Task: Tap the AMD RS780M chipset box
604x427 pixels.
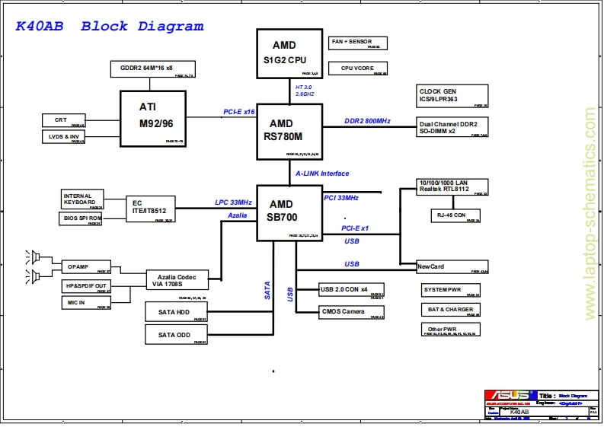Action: pos(289,131)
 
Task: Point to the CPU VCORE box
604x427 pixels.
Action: pos(356,69)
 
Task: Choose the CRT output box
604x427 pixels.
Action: pos(62,120)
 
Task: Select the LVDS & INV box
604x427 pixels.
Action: pos(62,137)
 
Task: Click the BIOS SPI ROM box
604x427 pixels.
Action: pos(81,218)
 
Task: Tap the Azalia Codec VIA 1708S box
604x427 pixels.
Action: pos(177,279)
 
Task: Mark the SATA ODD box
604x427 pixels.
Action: pos(176,335)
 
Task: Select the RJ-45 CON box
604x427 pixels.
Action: pos(455,215)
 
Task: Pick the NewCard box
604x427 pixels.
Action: pos(452,267)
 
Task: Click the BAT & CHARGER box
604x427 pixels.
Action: pos(451,310)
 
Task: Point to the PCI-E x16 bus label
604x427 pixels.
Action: pos(238,112)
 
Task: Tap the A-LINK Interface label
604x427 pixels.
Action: pos(322,174)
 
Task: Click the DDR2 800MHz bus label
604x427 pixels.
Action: pos(367,121)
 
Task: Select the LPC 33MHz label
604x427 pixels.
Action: pos(233,202)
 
